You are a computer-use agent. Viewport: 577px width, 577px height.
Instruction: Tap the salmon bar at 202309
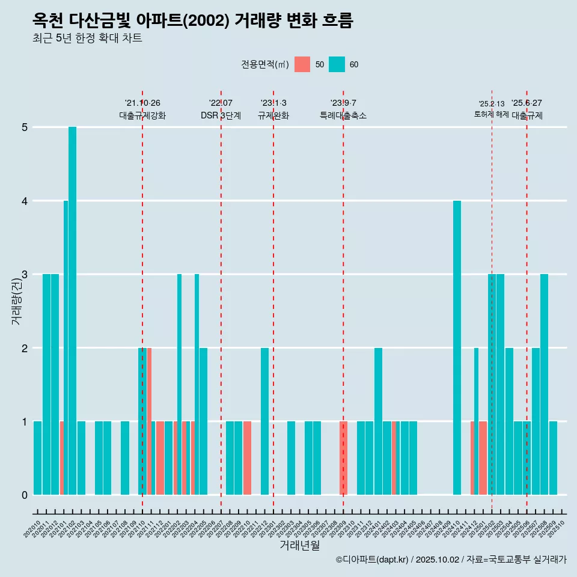343,458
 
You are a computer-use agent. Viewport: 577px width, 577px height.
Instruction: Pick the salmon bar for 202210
247,458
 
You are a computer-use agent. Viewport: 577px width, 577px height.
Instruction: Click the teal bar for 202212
264,421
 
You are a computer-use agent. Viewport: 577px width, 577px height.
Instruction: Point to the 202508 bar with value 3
544,385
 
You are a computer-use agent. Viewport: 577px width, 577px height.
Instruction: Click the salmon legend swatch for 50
302,64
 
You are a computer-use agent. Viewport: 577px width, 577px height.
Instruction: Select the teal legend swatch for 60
337,64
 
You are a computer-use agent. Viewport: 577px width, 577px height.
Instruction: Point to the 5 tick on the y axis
25,127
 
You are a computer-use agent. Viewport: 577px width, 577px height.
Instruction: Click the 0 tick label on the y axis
25,495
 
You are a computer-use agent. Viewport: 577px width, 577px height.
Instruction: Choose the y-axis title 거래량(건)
16,301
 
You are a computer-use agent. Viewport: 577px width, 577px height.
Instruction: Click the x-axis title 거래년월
299,545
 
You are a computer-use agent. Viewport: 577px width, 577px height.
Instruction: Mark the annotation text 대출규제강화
142,115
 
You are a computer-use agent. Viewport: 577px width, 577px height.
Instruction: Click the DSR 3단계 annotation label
221,115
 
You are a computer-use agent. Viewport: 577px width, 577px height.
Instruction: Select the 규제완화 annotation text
273,115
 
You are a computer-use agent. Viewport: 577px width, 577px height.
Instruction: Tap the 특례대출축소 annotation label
343,115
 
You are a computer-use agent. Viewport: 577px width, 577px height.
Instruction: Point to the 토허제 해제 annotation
491,114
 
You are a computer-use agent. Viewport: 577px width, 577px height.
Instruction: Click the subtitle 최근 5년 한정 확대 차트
87,38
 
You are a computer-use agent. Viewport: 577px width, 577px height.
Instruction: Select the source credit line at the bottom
451,560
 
